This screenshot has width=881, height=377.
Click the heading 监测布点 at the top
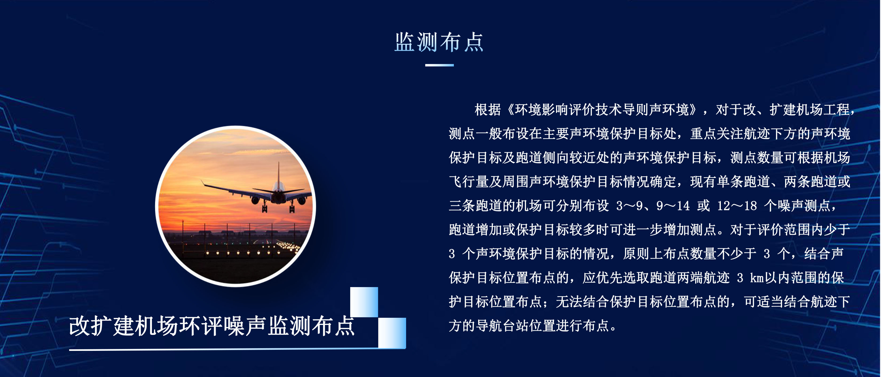[439, 42]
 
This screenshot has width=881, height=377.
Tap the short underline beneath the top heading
[439, 65]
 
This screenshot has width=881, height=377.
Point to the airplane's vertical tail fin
[278, 174]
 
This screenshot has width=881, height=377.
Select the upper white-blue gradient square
[364, 302]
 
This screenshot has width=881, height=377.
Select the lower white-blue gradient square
[392, 332]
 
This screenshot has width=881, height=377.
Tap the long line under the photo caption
[237, 349]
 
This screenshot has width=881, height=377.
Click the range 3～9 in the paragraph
[629, 206]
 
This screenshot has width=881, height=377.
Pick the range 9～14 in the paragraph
[673, 206]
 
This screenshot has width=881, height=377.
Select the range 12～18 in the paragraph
[737, 206]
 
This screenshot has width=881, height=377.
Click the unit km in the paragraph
[757, 278]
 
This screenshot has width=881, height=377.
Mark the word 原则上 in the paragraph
[643, 254]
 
